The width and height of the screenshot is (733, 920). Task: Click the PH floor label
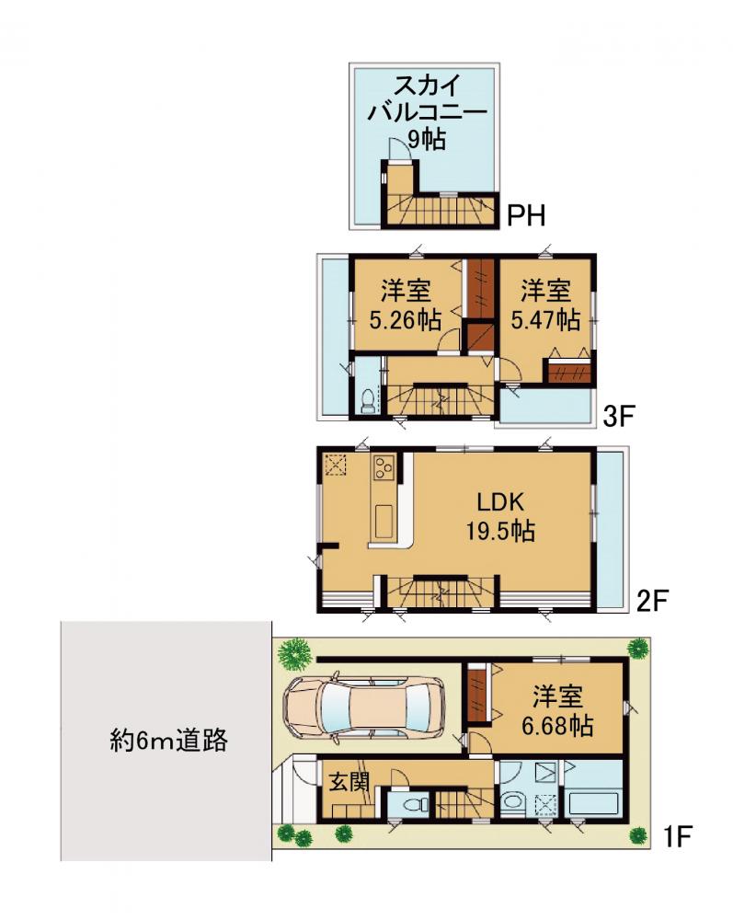[526, 216]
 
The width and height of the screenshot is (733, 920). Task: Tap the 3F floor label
[619, 417]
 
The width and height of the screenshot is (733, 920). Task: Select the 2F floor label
[653, 601]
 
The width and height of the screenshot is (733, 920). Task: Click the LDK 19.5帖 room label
[500, 516]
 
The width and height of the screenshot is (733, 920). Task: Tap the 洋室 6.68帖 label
[557, 711]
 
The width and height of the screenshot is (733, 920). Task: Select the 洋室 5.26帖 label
[406, 305]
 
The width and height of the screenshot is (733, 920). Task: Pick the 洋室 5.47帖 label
[545, 305]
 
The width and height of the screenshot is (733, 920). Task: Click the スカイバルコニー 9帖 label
[427, 111]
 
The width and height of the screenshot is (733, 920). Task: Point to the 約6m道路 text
[169, 741]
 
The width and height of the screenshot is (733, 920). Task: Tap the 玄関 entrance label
[349, 781]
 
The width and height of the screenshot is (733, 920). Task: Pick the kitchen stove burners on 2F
[384, 468]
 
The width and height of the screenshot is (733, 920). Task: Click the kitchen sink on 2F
[384, 519]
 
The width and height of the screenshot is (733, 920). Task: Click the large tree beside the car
[293, 653]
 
